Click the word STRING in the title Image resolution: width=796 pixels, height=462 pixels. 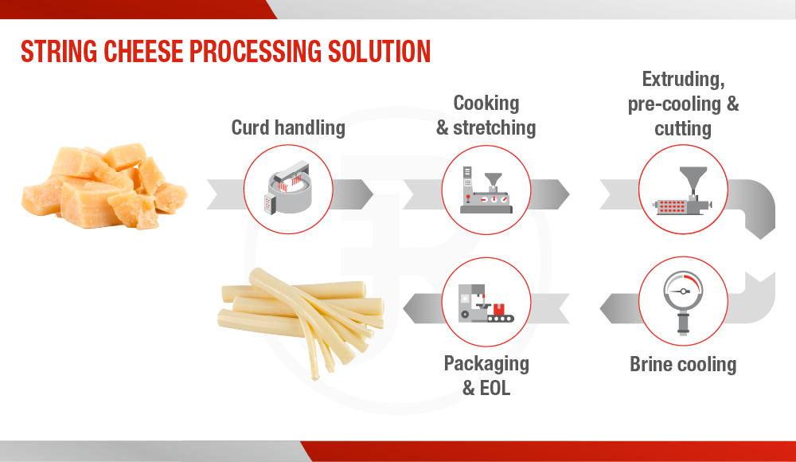coord(59,51)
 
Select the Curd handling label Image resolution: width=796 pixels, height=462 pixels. coord(288,127)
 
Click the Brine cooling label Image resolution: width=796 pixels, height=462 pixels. coord(683,364)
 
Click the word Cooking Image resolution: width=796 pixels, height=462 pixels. coord(486,104)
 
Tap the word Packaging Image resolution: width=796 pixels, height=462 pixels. coord(486,364)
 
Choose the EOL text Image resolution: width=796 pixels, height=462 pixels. coord(495,388)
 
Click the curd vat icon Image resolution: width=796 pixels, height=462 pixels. coord(288,188)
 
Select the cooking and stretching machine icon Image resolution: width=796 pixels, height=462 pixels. coord(486,190)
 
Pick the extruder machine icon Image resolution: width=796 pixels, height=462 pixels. coord(683,190)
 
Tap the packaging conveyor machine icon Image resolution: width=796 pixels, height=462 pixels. coord(486,303)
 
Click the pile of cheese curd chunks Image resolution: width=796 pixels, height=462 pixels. coord(104,186)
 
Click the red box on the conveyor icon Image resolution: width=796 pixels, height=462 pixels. coord(500,308)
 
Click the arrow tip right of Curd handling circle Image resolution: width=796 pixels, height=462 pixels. coord(373,194)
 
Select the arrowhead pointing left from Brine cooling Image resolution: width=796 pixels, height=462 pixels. coord(601,308)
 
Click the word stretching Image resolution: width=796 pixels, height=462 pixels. coord(494,128)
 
